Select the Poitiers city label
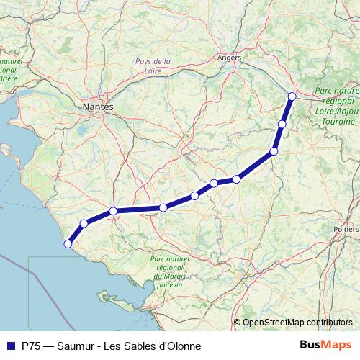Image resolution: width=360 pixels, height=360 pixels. [x=346, y=228]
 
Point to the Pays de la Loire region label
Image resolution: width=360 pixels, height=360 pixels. [x=152, y=66]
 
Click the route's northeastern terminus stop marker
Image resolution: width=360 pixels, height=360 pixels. [x=292, y=96]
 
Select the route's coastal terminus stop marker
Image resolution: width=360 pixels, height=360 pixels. [x=68, y=244]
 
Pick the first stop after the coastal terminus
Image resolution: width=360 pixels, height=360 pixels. [x=84, y=223]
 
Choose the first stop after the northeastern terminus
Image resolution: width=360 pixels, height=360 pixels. [x=282, y=124]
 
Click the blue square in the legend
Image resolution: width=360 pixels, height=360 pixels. [x=10, y=346]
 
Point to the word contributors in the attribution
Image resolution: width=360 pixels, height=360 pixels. [x=330, y=323]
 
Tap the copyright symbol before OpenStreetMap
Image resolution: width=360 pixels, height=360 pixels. [x=238, y=323]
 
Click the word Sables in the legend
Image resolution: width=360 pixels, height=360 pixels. [x=140, y=346]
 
